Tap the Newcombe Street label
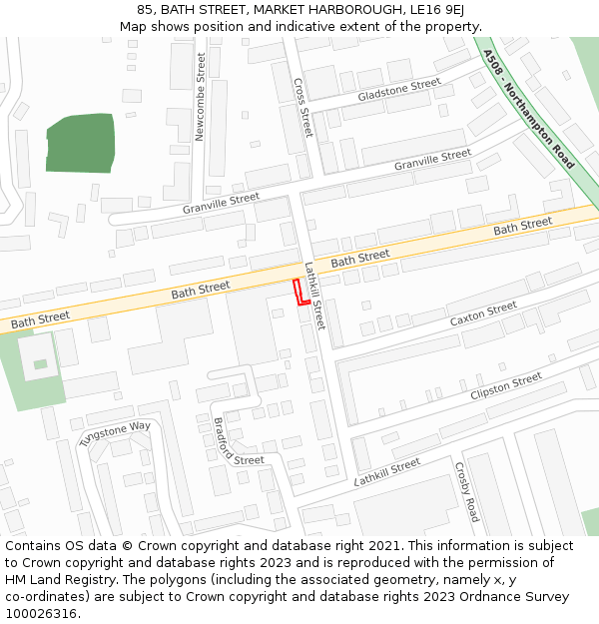[200, 97]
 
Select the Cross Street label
[303, 108]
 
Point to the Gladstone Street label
[398, 90]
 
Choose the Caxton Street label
[483, 313]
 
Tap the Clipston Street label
[506, 386]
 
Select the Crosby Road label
[466, 491]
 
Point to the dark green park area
[81, 144]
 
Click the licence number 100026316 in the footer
[41, 613]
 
